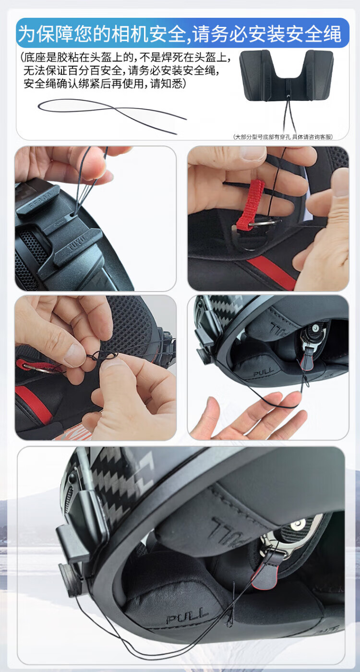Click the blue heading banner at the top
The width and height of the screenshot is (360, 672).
(182, 33)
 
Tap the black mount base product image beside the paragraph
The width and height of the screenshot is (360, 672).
(286, 76)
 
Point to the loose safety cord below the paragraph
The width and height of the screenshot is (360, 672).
(112, 115)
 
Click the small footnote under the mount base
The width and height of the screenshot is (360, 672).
(283, 137)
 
